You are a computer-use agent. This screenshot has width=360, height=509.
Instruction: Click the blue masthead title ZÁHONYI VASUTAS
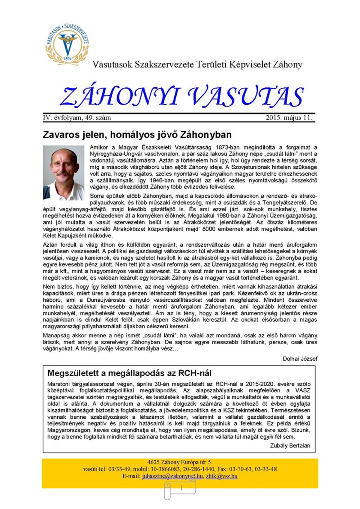click(182, 97)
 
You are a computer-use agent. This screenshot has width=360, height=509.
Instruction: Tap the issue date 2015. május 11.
click(289, 118)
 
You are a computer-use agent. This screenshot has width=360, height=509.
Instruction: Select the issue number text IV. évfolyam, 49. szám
click(77, 118)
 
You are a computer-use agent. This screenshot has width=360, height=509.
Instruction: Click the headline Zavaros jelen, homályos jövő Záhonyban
click(137, 134)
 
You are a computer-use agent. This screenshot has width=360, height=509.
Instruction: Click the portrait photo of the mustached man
click(64, 173)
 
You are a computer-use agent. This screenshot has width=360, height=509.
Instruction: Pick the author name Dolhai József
click(300, 359)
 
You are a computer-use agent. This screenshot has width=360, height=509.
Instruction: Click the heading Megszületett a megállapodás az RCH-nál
click(129, 373)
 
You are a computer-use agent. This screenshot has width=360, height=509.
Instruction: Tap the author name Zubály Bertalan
click(290, 445)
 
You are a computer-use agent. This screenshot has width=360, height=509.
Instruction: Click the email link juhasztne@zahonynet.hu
click(172, 476)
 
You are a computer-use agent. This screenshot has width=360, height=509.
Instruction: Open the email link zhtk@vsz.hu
click(222, 476)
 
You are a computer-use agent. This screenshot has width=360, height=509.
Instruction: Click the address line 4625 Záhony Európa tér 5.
click(180, 462)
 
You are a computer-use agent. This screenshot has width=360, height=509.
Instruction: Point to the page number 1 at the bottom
click(181, 488)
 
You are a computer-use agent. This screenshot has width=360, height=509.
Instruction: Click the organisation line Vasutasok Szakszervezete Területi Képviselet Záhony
click(197, 65)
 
